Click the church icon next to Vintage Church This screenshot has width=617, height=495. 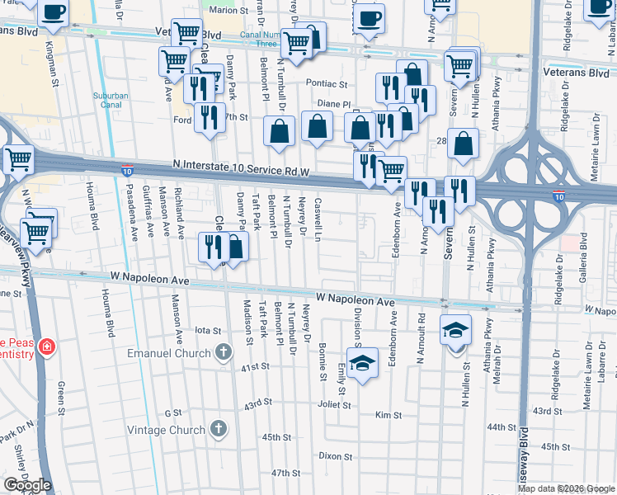point(218,429)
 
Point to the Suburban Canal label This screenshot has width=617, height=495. point(111,101)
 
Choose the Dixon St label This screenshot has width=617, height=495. point(336,455)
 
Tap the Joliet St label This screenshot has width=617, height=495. point(335,405)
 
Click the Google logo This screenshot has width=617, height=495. point(27,485)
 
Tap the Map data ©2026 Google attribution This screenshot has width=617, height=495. point(567,488)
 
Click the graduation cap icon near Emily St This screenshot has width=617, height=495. point(360,363)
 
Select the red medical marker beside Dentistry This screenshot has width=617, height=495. point(48,345)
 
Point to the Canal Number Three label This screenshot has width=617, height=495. point(257,40)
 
